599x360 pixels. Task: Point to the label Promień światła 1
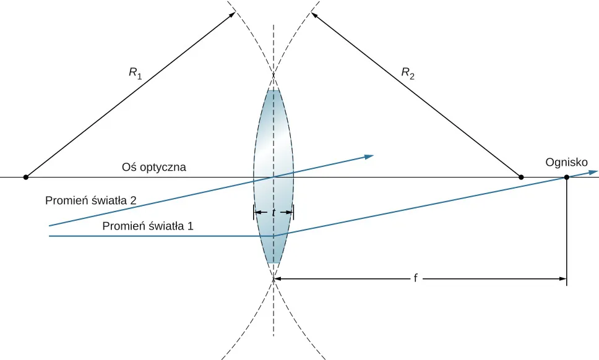point(149,226)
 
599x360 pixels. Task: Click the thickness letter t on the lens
point(274,212)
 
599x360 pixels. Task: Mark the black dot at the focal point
point(566,178)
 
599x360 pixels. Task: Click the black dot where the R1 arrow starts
point(25,178)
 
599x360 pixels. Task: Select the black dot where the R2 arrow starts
point(520,178)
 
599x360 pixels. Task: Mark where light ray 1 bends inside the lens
point(274,236)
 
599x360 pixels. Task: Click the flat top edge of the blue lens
point(274,91)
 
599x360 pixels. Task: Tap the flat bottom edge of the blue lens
point(274,264)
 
